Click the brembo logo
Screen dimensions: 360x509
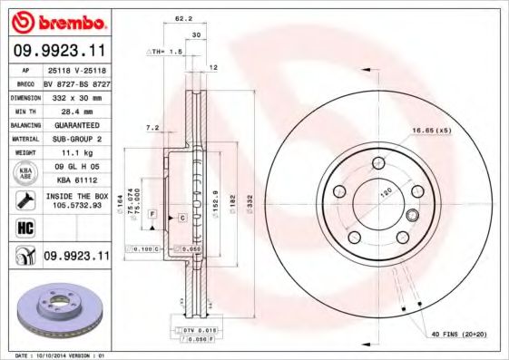coord(57,19)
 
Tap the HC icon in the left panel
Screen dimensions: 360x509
coord(24,229)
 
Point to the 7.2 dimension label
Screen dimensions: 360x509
coord(152,128)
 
